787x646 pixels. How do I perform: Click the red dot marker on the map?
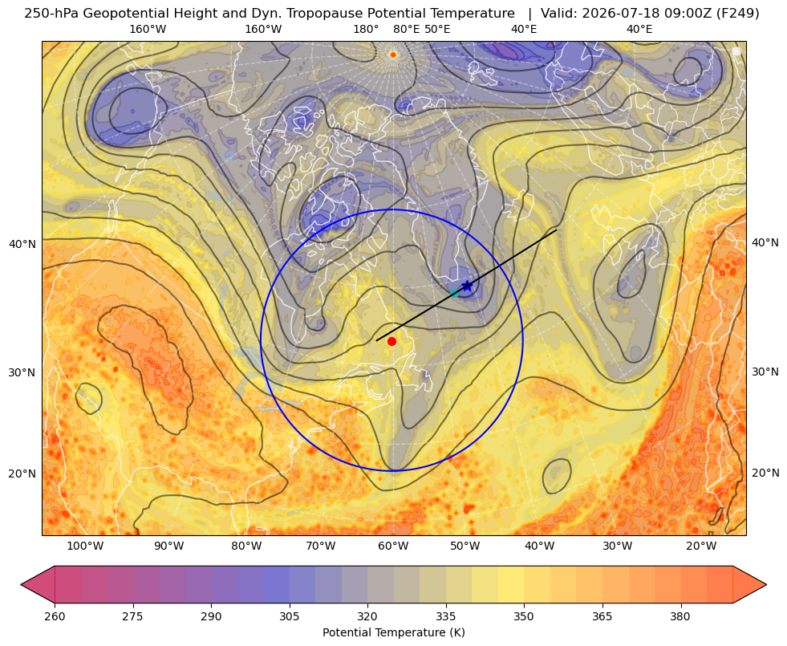[x=392, y=341]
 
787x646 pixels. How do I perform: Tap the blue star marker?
[x=467, y=286]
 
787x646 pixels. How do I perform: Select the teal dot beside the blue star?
[x=455, y=293]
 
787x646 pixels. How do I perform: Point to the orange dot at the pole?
[x=393, y=55]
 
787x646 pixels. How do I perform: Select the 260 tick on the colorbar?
[x=55, y=616]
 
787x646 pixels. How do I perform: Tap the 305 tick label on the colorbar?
[x=289, y=616]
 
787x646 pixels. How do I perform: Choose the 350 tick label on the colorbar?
[x=524, y=616]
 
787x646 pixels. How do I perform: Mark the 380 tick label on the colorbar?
[x=680, y=616]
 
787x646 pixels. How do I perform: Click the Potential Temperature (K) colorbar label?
[x=393, y=632]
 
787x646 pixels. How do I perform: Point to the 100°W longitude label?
[x=85, y=546]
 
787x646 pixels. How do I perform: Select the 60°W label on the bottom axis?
[x=393, y=546]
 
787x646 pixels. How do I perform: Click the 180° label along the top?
[x=366, y=29]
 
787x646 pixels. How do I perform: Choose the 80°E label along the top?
[x=406, y=29]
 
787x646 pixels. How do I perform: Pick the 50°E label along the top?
[x=437, y=29]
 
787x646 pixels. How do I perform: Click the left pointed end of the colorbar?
[x=22, y=584]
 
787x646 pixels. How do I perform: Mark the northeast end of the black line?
[x=556, y=230]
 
